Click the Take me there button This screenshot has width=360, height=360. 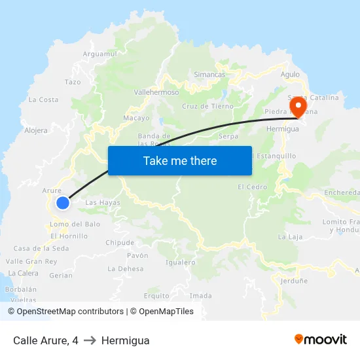point(180,160)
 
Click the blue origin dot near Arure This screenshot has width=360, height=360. point(63,203)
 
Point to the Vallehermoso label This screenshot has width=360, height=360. point(156,92)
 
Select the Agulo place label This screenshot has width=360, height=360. point(290,75)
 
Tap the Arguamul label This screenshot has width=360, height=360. point(100,54)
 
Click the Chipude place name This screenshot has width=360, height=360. point(120,243)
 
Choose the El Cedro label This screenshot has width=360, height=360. point(252,187)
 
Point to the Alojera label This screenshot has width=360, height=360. point(36,130)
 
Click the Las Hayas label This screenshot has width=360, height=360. point(103,203)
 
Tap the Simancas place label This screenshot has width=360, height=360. point(209,75)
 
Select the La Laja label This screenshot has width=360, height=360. point(289,236)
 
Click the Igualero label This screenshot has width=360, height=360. point(181,262)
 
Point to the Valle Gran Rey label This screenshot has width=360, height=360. point(31,261)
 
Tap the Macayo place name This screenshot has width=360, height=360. point(136,118)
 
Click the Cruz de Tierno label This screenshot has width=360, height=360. point(207,106)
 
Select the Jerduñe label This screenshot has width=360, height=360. point(294,281)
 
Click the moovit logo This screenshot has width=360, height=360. point(320,340)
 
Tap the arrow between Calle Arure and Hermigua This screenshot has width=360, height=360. point(90,340)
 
